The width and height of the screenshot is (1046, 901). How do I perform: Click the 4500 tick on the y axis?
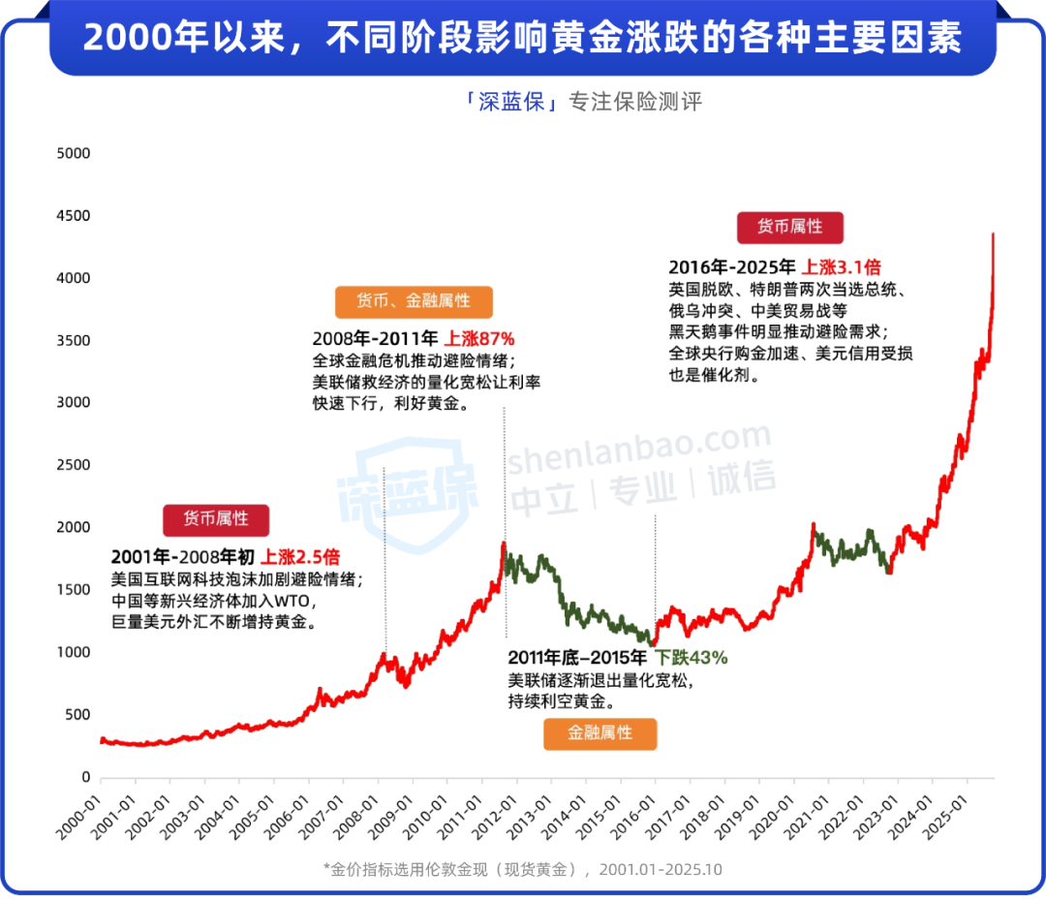74,216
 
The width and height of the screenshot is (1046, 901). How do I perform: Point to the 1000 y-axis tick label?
74,653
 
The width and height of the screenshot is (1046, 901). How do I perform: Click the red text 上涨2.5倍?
300,557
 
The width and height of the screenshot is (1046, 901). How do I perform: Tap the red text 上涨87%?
479,339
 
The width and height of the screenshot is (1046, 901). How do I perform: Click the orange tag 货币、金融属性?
414,301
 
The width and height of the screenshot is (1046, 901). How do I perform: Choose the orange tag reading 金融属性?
600,733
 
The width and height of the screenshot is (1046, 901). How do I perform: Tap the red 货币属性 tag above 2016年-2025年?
789,227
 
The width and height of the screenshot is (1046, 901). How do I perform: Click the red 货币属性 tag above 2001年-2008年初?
215,519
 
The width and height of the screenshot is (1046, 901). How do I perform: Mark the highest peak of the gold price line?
993,233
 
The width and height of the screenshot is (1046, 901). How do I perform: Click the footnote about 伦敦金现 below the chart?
523,869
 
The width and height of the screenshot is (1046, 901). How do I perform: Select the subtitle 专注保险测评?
634,102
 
